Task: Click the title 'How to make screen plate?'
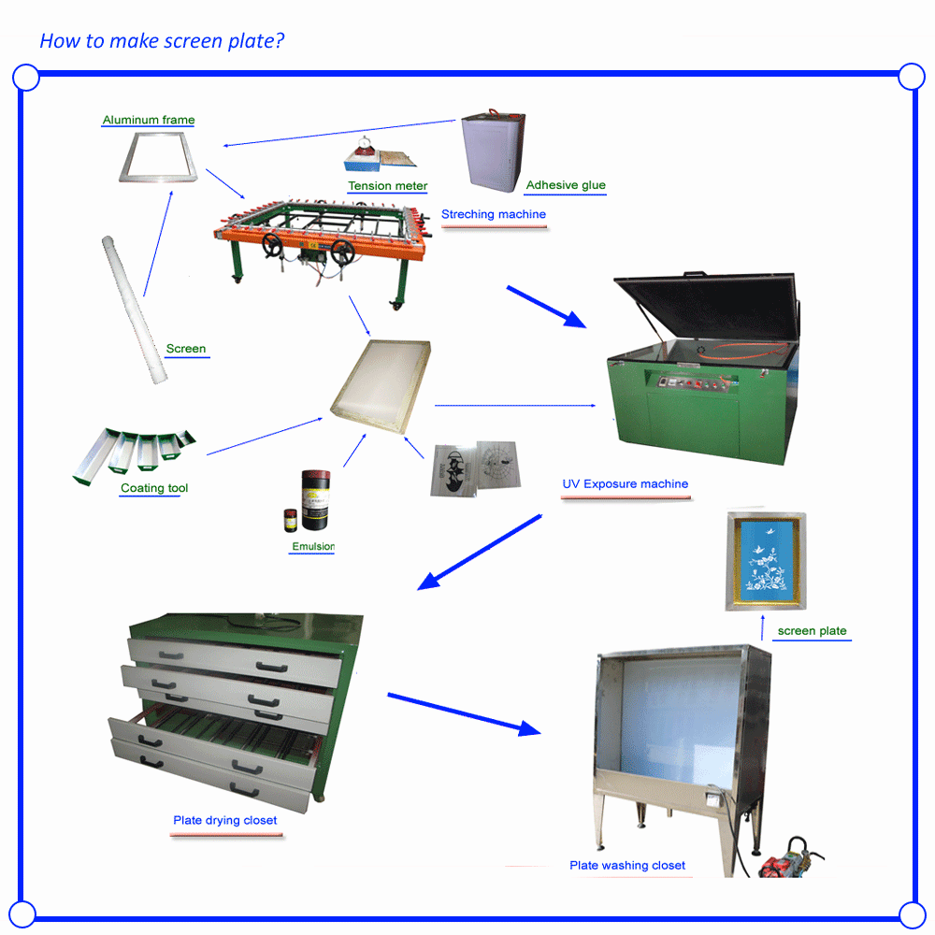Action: click(x=162, y=41)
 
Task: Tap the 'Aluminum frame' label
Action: click(x=149, y=120)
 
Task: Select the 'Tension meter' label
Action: click(x=388, y=186)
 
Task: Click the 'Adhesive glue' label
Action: click(x=566, y=185)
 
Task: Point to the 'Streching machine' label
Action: click(x=493, y=214)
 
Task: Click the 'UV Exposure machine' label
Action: click(x=625, y=483)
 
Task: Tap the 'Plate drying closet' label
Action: click(x=224, y=820)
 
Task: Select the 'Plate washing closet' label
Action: click(x=627, y=865)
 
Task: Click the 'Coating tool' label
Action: click(x=154, y=488)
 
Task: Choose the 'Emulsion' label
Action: click(x=313, y=546)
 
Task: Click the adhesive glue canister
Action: click(x=493, y=151)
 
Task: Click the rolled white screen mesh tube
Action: click(x=134, y=310)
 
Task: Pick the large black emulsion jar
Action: click(x=315, y=499)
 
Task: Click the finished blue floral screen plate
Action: click(x=766, y=561)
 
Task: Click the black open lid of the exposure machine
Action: click(x=707, y=307)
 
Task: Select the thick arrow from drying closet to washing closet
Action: click(x=464, y=713)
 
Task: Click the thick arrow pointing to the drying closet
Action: click(x=480, y=553)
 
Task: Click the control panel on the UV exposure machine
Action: click(x=693, y=382)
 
